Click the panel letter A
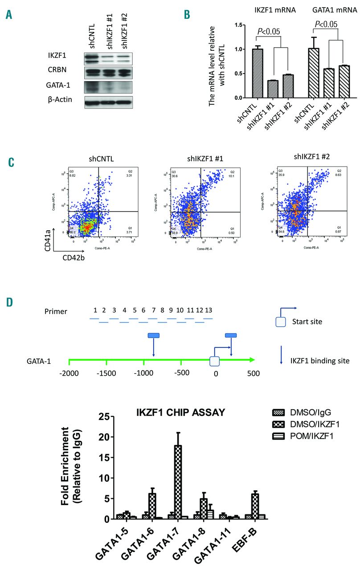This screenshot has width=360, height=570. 9,15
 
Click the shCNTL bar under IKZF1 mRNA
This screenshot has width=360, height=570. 257,73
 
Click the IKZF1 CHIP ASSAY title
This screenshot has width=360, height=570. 180,413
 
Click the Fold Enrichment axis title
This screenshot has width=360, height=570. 75,465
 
